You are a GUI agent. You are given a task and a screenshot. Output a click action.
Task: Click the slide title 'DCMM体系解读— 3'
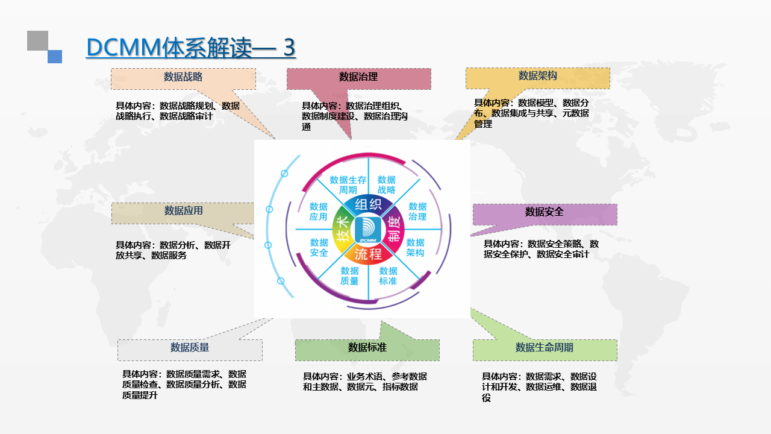click(x=190, y=48)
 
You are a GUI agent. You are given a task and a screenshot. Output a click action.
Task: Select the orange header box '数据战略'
click(x=183, y=78)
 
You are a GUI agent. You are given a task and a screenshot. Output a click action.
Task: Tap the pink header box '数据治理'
click(x=358, y=78)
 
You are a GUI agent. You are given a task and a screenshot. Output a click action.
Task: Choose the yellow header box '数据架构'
click(x=537, y=77)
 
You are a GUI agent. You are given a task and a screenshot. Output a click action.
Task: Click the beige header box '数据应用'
click(x=183, y=212)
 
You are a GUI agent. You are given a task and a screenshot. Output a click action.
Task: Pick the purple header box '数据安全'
click(x=545, y=213)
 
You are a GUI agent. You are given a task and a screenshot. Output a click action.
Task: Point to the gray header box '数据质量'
click(x=190, y=348)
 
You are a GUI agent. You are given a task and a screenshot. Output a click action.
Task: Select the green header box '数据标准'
click(x=367, y=348)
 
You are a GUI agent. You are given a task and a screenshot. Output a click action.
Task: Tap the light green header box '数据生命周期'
click(x=545, y=348)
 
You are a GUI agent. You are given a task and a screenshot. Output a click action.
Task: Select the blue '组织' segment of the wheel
click(x=367, y=204)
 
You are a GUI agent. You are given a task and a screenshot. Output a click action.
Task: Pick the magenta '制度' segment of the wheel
click(x=393, y=229)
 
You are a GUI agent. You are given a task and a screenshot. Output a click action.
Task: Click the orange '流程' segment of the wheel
click(x=367, y=254)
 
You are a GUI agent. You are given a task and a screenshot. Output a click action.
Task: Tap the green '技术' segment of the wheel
click(x=342, y=229)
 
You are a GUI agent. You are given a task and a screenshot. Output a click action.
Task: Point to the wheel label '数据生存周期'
click(x=348, y=184)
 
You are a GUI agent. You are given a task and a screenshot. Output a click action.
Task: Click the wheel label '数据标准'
click(x=388, y=275)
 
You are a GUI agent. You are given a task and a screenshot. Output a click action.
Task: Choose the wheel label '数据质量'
click(x=349, y=275)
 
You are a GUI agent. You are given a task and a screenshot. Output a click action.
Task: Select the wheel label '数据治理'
click(x=417, y=211)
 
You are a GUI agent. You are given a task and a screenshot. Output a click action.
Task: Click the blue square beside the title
click(x=55, y=56)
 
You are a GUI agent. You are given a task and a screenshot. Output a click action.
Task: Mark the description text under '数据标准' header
click(x=364, y=382)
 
